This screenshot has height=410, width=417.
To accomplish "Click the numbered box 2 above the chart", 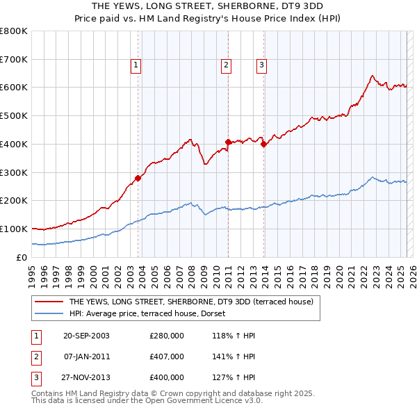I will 226,66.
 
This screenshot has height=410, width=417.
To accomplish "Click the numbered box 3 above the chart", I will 261,66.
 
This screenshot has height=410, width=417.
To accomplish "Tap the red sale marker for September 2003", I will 138,178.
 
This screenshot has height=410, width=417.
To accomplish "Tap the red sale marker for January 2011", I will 228,142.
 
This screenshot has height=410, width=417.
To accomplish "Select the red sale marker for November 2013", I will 264,144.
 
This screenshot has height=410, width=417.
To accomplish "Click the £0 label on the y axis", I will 22,257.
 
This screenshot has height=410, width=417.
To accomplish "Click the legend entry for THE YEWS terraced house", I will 191,302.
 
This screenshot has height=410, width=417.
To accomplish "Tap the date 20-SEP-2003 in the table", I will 86,336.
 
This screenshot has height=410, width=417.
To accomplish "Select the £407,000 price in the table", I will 167,356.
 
